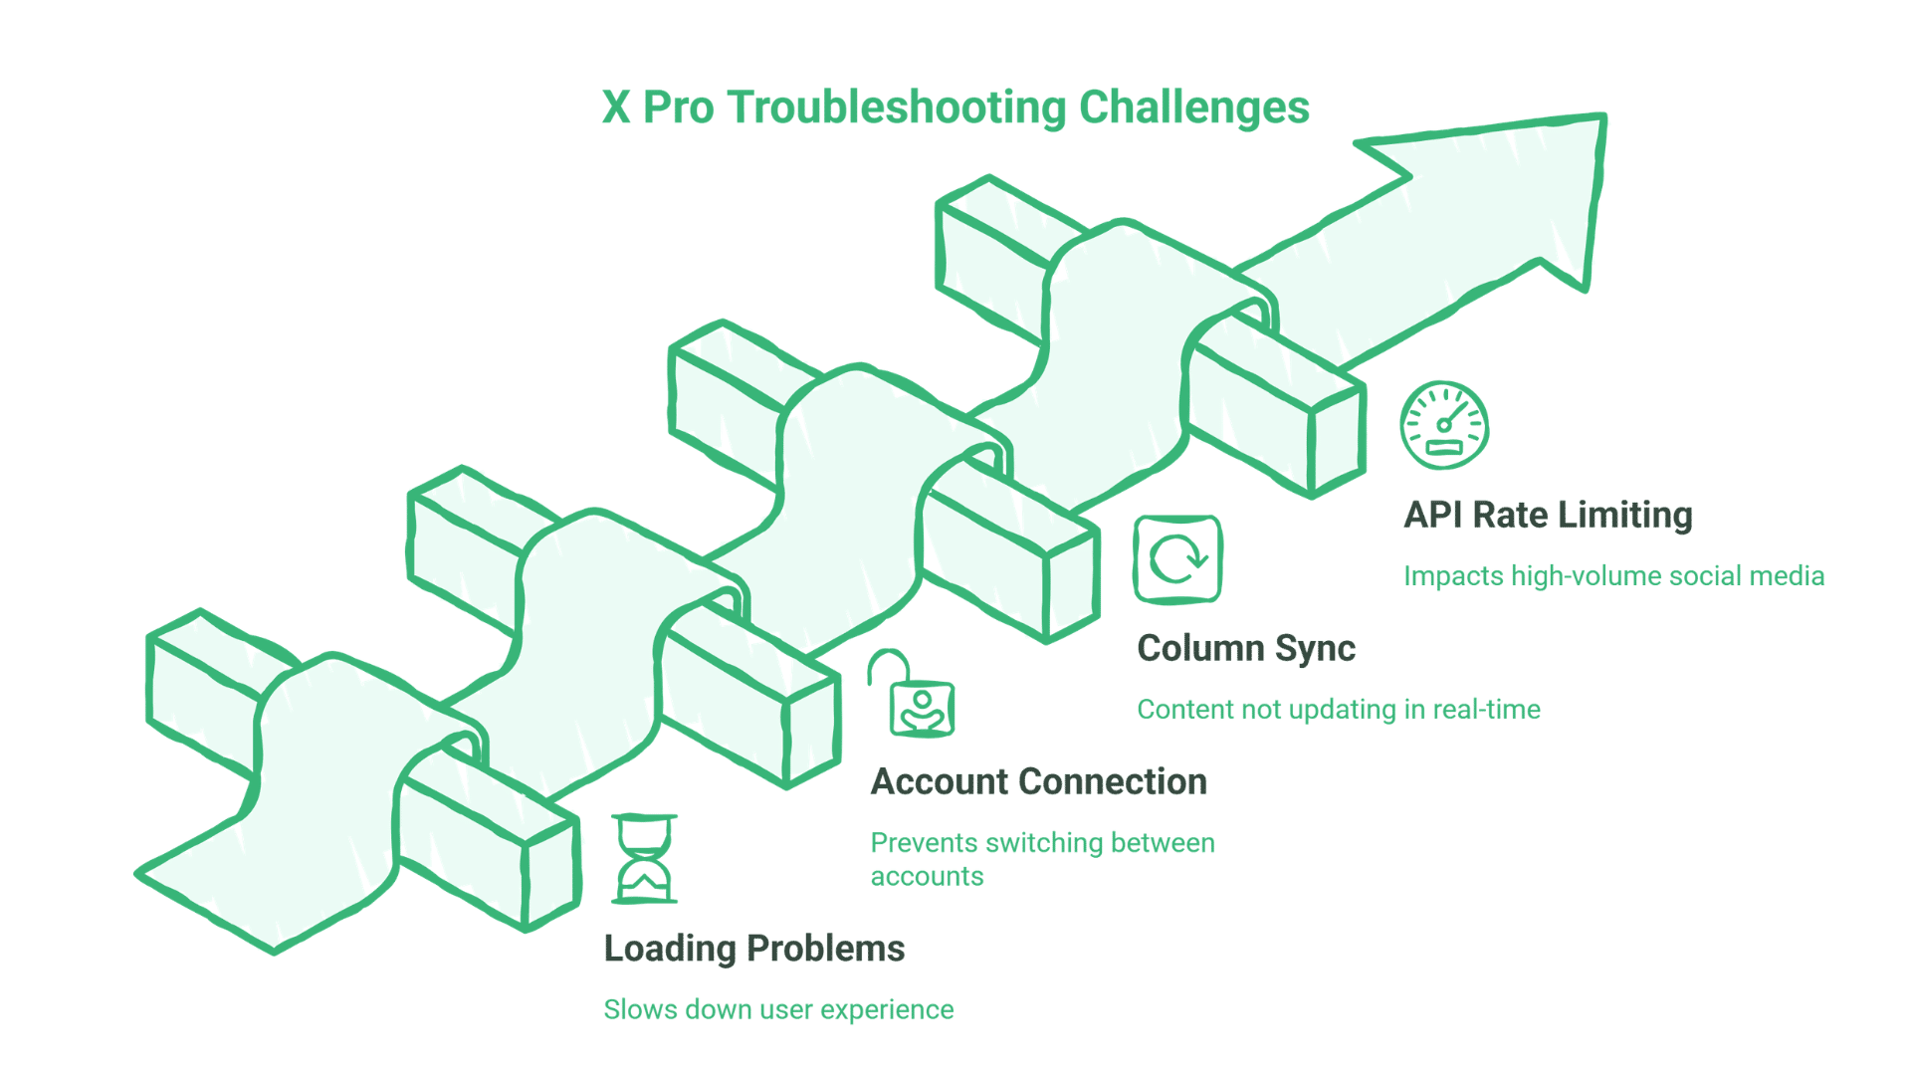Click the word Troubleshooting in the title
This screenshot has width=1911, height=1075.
(896, 107)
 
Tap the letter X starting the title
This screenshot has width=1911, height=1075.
(616, 107)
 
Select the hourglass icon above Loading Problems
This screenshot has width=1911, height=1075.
(644, 859)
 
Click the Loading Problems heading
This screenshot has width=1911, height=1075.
(753, 949)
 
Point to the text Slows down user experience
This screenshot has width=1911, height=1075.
(777, 1009)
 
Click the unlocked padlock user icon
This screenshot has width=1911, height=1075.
(914, 697)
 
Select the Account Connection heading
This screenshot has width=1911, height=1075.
(1038, 782)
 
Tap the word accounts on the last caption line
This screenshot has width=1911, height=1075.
(927, 877)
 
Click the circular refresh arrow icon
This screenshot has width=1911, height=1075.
(1177, 559)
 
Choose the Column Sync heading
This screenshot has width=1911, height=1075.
(1245, 649)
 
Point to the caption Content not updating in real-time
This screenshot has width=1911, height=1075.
(1338, 710)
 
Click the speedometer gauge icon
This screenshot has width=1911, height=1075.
(1443, 425)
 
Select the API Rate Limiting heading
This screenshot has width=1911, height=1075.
(1547, 516)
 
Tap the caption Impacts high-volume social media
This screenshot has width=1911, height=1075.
(1612, 576)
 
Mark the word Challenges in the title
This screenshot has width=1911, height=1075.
(1193, 107)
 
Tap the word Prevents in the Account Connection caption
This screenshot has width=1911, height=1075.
(924, 843)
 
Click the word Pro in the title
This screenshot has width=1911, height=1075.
(678, 107)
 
